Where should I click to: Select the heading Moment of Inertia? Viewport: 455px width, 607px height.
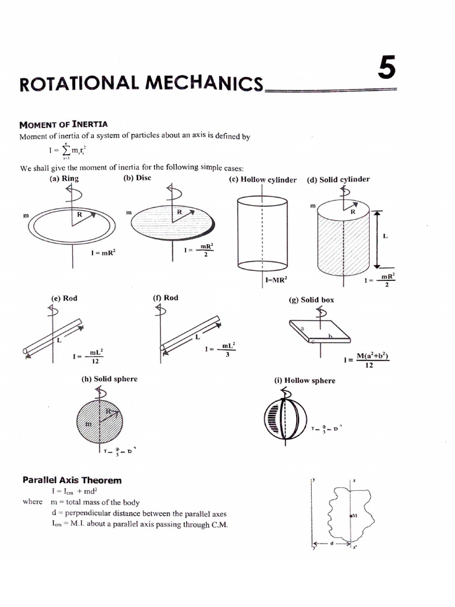63,124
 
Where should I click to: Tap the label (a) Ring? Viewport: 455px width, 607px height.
64,178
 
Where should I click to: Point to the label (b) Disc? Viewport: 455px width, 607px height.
137,178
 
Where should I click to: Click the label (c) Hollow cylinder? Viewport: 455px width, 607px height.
262,180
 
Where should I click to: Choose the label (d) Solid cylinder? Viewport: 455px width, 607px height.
338,179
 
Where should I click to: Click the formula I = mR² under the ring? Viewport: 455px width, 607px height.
103,252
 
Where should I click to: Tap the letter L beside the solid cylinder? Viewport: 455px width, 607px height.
385,236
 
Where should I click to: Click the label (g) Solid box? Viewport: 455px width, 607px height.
311,300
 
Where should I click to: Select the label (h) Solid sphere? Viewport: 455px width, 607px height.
109,379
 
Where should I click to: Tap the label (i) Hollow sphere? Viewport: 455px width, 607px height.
305,381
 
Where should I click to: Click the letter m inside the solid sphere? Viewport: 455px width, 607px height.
89,424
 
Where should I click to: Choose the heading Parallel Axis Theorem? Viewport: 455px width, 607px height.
72,480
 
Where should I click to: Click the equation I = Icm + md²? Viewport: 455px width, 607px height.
75,491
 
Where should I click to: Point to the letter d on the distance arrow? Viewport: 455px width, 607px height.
332,542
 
